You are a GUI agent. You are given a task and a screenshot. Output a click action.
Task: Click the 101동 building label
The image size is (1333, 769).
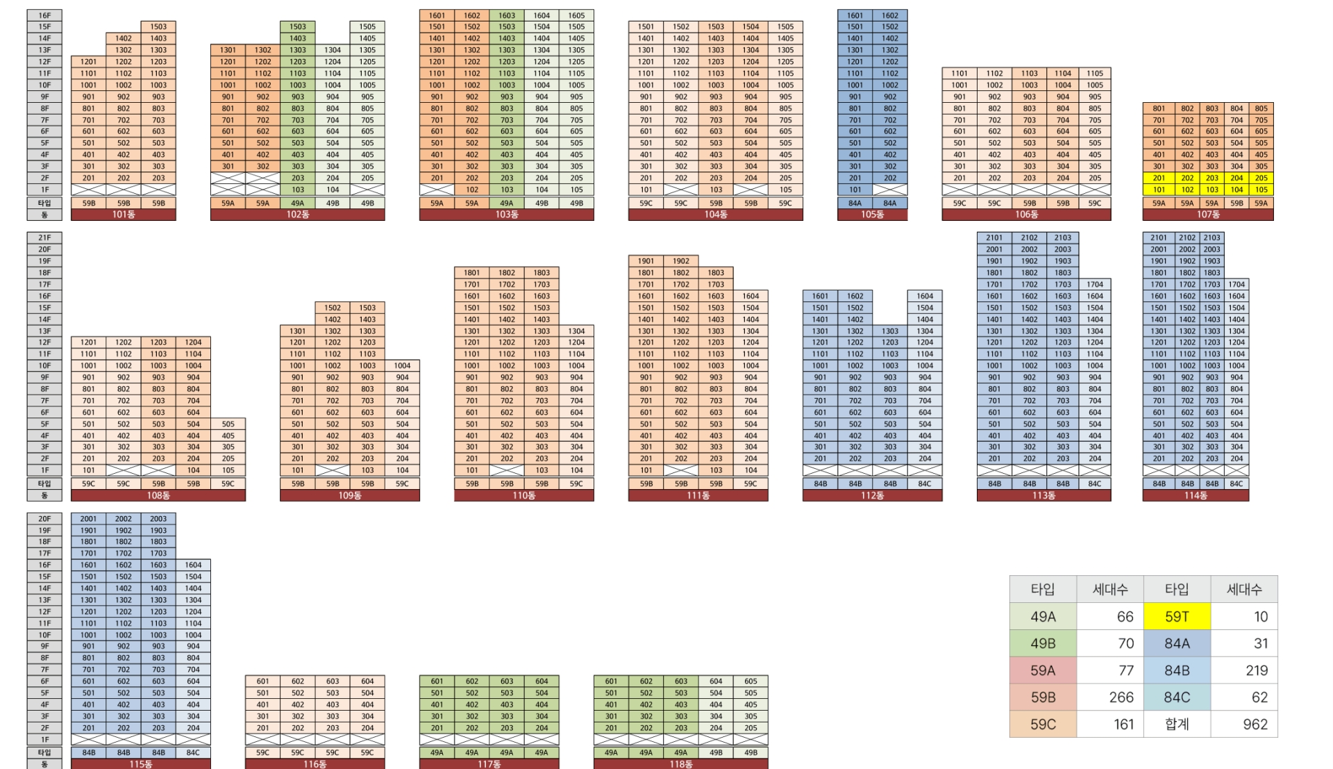124,215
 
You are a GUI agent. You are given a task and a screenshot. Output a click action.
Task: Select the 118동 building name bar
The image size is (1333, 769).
680,763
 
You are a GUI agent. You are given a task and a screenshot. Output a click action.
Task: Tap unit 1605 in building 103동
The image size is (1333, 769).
576,15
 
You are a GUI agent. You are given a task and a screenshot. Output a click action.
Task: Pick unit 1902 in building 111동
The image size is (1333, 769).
681,261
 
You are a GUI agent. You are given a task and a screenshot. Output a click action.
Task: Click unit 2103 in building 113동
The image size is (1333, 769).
1062,238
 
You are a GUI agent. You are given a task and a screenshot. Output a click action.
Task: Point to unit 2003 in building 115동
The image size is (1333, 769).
158,518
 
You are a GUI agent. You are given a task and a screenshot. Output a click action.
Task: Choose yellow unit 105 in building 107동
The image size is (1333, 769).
1261,190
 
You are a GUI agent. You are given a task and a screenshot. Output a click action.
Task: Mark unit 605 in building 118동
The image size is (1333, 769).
751,681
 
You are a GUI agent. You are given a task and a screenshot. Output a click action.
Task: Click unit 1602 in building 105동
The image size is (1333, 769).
890,15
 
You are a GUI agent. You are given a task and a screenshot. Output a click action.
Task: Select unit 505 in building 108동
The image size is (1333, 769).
228,424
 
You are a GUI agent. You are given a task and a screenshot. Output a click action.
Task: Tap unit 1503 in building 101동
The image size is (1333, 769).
158,26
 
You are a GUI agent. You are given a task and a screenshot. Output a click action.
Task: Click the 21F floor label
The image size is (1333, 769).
44,238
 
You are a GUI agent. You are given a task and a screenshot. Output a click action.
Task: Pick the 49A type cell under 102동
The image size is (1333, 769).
297,204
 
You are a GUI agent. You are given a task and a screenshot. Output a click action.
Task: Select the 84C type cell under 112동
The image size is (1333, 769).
925,483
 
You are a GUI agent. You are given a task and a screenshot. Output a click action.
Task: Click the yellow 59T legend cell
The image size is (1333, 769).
1177,616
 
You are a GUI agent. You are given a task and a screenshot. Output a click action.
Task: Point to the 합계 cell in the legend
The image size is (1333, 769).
1177,724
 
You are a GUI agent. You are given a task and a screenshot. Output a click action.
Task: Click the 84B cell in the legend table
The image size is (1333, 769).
1177,670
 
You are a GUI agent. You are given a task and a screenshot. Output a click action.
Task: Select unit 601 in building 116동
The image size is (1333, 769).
262,681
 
